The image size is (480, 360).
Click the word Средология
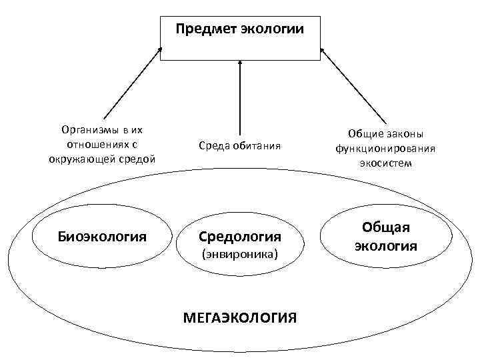coord(240,237)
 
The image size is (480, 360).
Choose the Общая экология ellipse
coord(386,237)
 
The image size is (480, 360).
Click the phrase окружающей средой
coord(102,159)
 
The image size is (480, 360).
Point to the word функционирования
coord(386,148)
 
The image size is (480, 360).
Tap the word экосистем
coord(386,163)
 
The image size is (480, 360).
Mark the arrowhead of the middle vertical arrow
coord(240,64)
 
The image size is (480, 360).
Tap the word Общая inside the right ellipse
coord(386,227)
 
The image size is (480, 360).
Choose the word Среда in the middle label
coord(214,145)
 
